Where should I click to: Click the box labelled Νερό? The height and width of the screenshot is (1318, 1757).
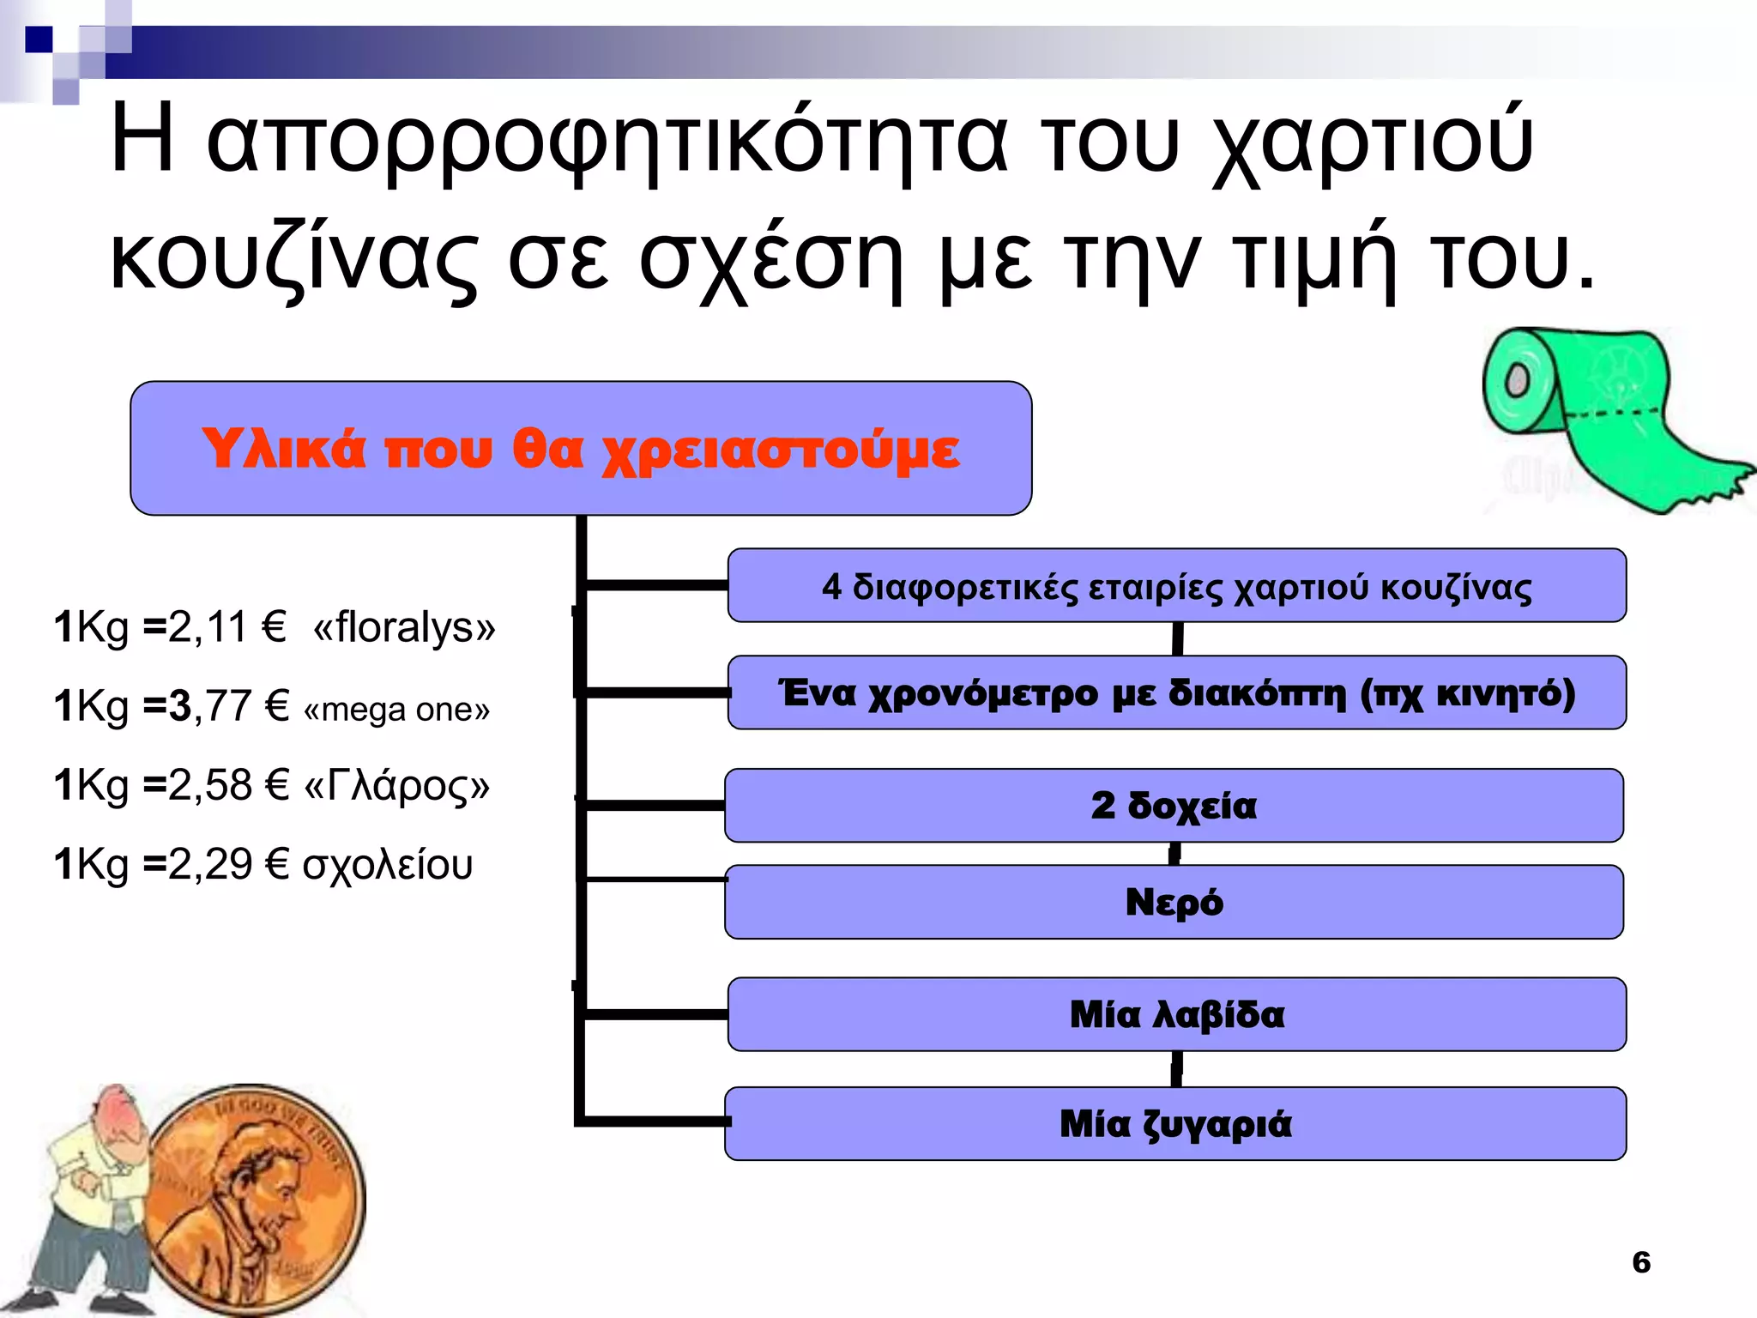coord(1174,902)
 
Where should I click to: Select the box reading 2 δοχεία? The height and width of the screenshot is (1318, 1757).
coord(1174,806)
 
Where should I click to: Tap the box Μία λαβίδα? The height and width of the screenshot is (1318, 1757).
coord(1176,1014)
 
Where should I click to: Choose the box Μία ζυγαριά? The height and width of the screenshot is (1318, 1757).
coord(1174,1124)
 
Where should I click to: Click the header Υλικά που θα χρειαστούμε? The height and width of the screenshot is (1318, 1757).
coord(581,449)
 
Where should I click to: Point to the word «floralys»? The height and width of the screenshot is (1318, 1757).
coord(404,627)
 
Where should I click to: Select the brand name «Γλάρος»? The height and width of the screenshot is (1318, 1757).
coord(397,785)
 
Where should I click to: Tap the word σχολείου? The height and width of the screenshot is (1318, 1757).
coord(388,864)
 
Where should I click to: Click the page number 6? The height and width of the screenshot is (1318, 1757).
coord(1640,1262)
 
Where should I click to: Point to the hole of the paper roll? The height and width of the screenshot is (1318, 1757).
coord(1517,379)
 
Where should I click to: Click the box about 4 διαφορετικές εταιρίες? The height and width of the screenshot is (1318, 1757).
coord(1176,586)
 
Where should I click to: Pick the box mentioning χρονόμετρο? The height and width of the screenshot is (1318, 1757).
coord(1176,692)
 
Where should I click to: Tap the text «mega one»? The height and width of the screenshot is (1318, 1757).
coord(396,709)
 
